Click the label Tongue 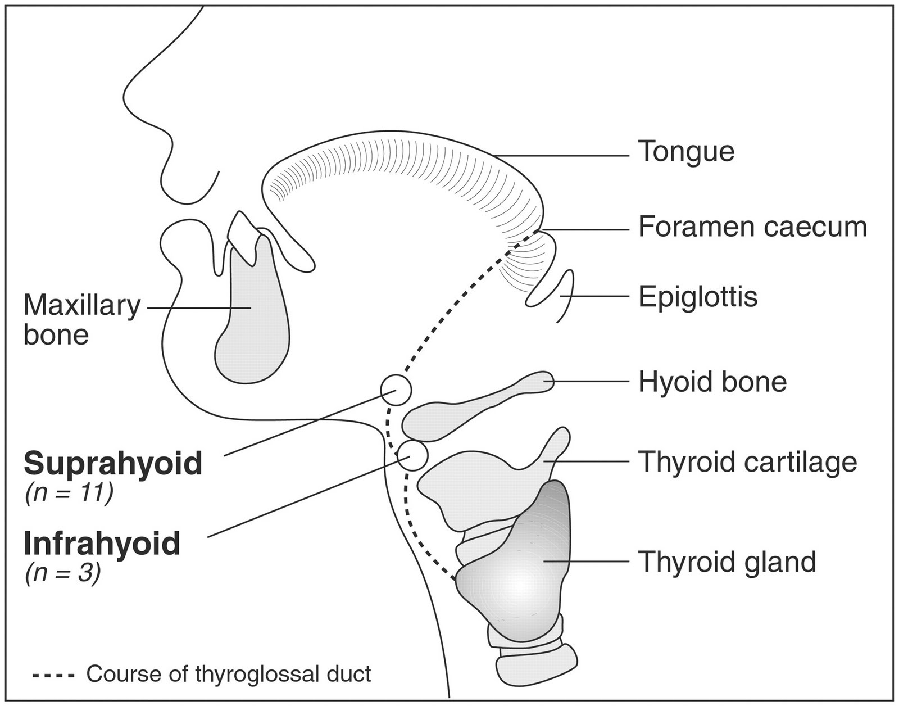coord(686,152)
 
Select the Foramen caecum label coord(752,228)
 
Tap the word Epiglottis coord(698,297)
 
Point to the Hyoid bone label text coord(712,382)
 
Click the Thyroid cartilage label coord(747,462)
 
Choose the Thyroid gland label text coord(727,562)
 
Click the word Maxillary coord(82,307)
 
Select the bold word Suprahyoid coord(112,464)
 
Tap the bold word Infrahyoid coord(102,544)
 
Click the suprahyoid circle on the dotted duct coord(396,390)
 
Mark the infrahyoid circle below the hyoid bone coord(412,455)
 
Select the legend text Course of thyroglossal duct coord(229,674)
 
